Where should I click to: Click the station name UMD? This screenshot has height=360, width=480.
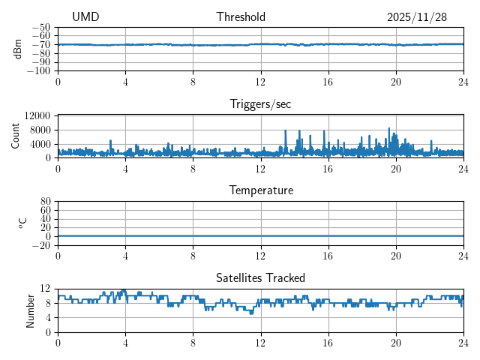click(x=85, y=17)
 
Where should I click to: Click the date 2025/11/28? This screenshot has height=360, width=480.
click(x=417, y=17)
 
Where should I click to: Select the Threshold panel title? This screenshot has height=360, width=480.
click(x=241, y=17)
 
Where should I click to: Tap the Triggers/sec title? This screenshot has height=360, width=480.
click(x=260, y=104)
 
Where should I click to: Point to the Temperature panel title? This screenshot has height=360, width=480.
click(x=260, y=190)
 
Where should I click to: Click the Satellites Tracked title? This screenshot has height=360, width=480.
click(x=260, y=277)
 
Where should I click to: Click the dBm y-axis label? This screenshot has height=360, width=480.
click(x=17, y=49)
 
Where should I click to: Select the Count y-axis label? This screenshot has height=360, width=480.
click(x=16, y=136)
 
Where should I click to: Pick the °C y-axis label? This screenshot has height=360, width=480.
click(x=22, y=223)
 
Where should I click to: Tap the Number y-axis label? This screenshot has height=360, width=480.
click(x=31, y=310)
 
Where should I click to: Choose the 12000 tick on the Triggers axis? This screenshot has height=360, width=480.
click(x=37, y=116)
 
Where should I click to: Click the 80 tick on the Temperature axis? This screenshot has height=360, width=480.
click(x=45, y=202)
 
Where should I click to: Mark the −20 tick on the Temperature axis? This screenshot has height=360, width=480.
click(x=42, y=245)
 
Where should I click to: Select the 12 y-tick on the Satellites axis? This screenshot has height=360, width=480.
click(x=45, y=289)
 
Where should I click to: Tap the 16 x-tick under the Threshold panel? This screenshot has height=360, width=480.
click(x=328, y=82)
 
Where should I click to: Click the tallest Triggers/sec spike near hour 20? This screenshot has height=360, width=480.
click(x=389, y=129)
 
